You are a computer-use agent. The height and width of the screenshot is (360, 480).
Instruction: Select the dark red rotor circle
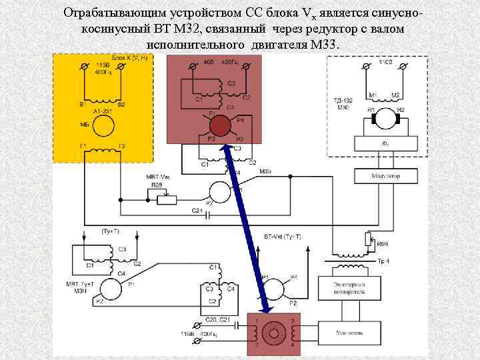click(221, 126)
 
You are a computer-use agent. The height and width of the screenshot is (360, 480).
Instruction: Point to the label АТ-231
click(103, 111)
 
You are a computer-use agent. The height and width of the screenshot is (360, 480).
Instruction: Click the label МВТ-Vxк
click(157, 177)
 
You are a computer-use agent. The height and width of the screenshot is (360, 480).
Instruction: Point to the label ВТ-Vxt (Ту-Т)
click(282, 237)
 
